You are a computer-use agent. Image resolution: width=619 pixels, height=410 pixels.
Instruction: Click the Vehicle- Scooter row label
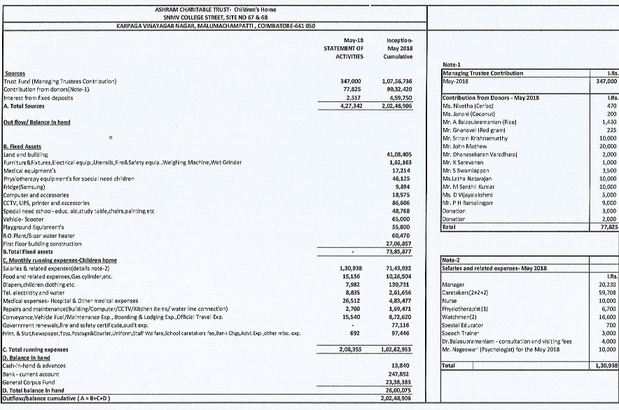(x=23, y=199)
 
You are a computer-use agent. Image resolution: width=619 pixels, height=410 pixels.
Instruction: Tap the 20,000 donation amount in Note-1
(x=607, y=146)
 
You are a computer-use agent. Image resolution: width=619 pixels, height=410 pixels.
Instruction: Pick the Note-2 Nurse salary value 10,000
(x=607, y=300)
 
